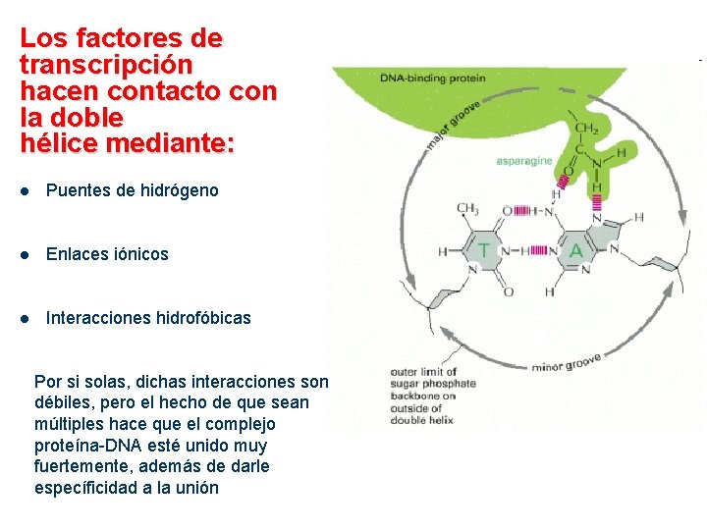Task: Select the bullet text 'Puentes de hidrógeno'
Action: (x=133, y=190)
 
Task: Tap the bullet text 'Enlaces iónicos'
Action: (x=107, y=254)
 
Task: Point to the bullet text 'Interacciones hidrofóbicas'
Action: (x=148, y=318)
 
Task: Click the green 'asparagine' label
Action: (x=524, y=161)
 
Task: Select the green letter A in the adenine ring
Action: (x=575, y=251)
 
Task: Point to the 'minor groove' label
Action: (x=566, y=364)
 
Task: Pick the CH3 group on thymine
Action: (x=468, y=208)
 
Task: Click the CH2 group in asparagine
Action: (x=586, y=129)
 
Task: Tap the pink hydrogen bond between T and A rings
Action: (x=534, y=251)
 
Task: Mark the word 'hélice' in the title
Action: (x=57, y=144)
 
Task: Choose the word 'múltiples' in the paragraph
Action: (x=70, y=424)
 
